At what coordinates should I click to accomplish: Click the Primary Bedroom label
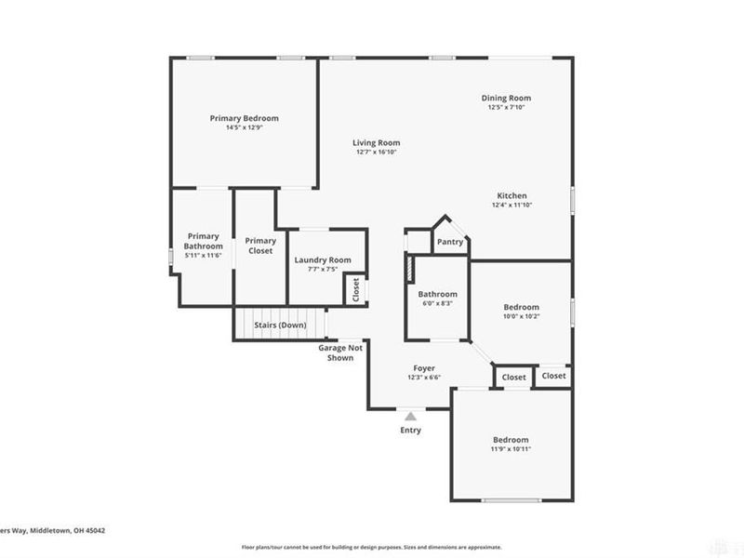tap(244, 118)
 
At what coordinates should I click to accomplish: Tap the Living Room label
tap(376, 142)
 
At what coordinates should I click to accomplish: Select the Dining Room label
tap(506, 98)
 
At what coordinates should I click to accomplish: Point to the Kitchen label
tap(511, 195)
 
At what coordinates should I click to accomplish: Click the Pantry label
tap(450, 242)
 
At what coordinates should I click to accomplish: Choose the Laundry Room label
tap(322, 259)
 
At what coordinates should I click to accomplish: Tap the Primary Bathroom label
tap(203, 241)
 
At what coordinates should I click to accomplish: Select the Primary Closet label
tap(260, 246)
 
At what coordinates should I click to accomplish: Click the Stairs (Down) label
tap(280, 325)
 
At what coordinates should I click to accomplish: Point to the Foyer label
tap(423, 368)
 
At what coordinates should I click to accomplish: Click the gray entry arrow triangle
tap(410, 416)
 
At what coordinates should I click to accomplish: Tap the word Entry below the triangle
tap(410, 431)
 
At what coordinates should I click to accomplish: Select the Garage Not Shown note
tap(340, 352)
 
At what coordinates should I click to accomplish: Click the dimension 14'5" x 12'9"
tap(244, 128)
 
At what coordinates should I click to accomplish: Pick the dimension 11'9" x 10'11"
tap(511, 449)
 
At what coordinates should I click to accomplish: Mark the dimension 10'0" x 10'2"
tap(521, 316)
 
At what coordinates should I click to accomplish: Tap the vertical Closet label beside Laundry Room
tap(356, 290)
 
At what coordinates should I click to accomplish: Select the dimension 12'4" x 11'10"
tap(511, 206)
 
